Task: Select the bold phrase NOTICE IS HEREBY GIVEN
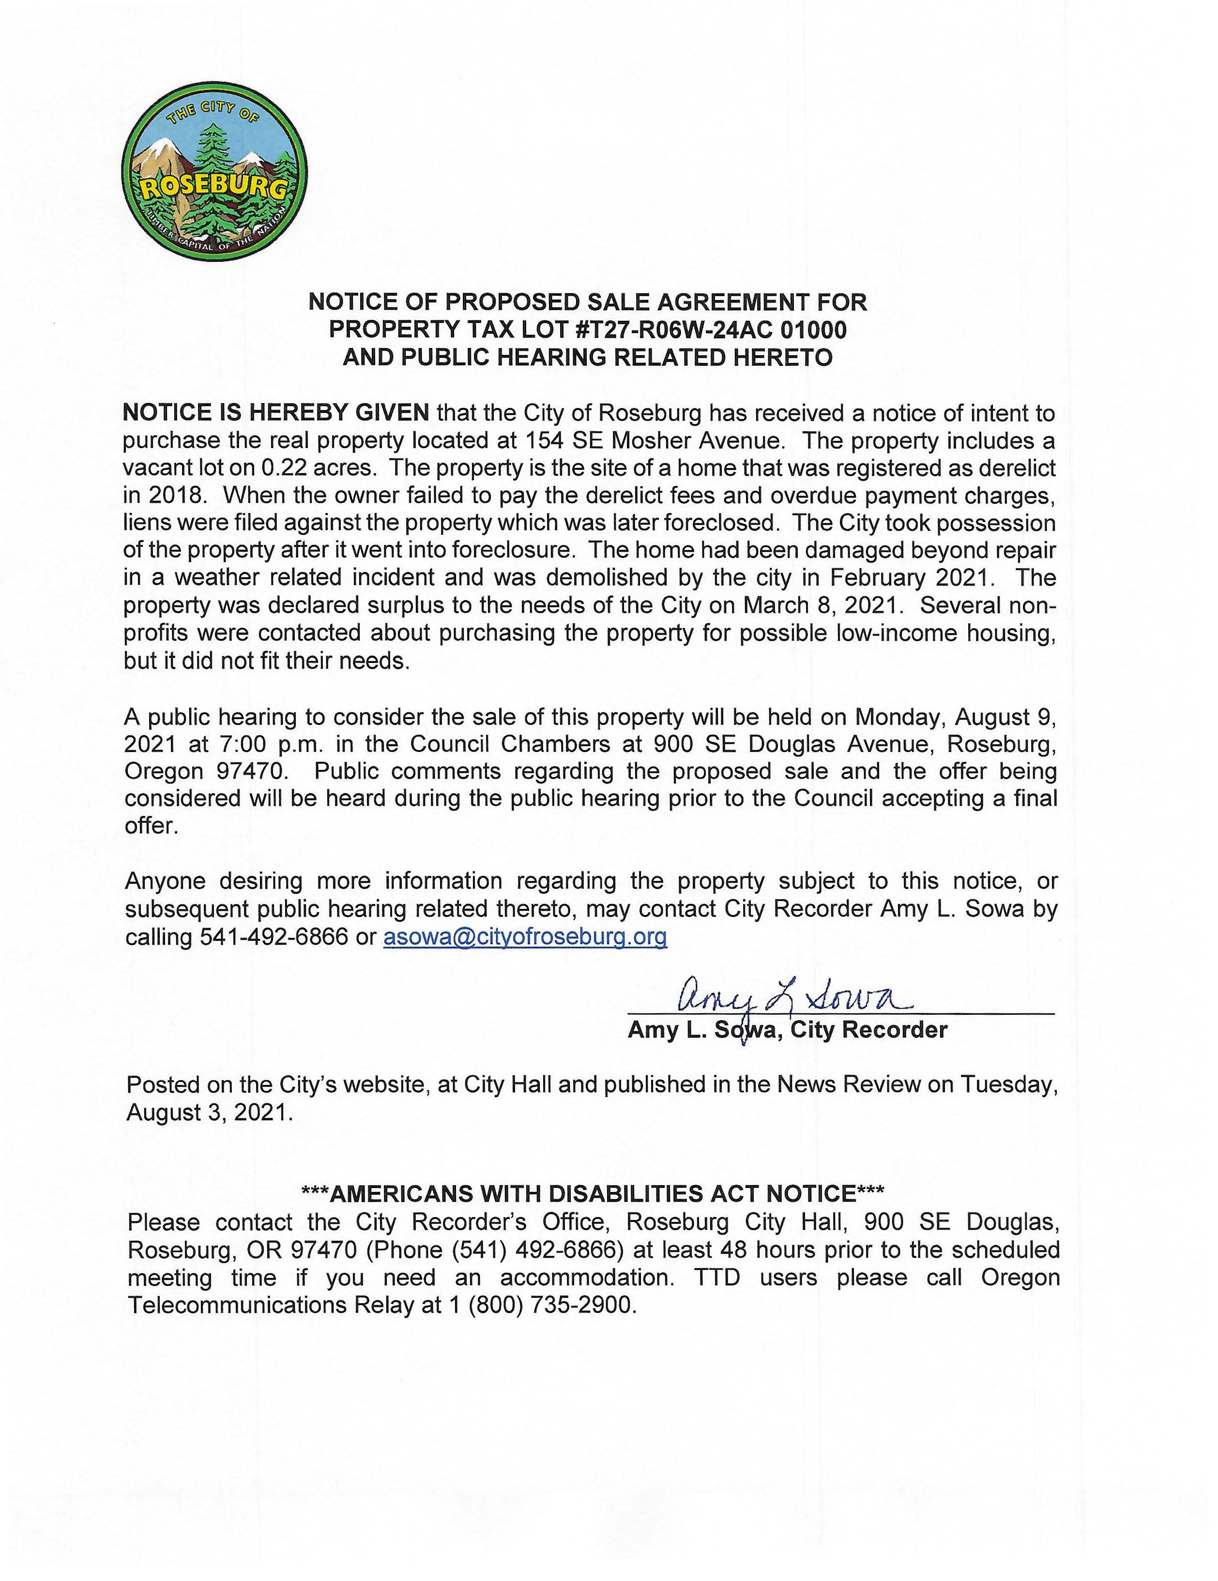(x=276, y=413)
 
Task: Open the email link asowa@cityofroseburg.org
(x=525, y=937)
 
